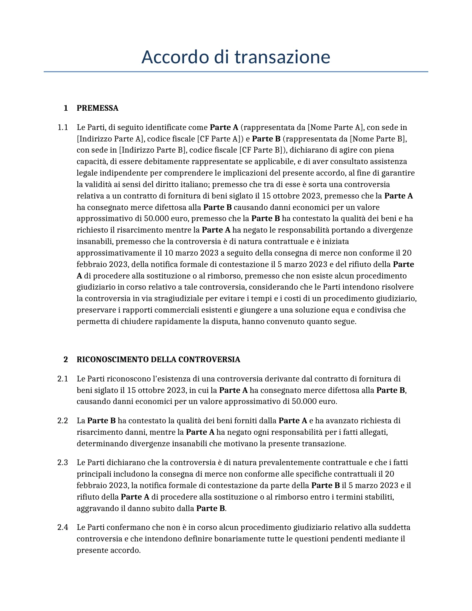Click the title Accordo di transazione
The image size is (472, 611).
[x=235, y=57]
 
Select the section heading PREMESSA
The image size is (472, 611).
[x=97, y=108]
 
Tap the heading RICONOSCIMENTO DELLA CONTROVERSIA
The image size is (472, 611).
[x=158, y=360]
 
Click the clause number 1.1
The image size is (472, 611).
[x=63, y=128]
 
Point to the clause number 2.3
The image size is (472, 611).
[x=63, y=463]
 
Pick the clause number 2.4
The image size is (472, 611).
[x=63, y=527]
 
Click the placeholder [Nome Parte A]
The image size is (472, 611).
[x=335, y=128]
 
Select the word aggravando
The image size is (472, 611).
[x=97, y=508]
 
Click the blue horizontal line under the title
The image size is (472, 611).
[x=235, y=71]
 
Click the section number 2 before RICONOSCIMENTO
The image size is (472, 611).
[x=66, y=360]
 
